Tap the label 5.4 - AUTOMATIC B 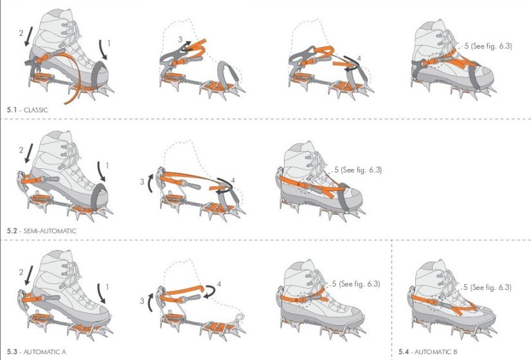pyautogui.click(x=429, y=352)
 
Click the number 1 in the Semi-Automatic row pyautogui.click(x=107, y=166)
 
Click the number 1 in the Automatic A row pyautogui.click(x=107, y=286)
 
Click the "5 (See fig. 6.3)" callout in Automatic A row pyautogui.click(x=357, y=283)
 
